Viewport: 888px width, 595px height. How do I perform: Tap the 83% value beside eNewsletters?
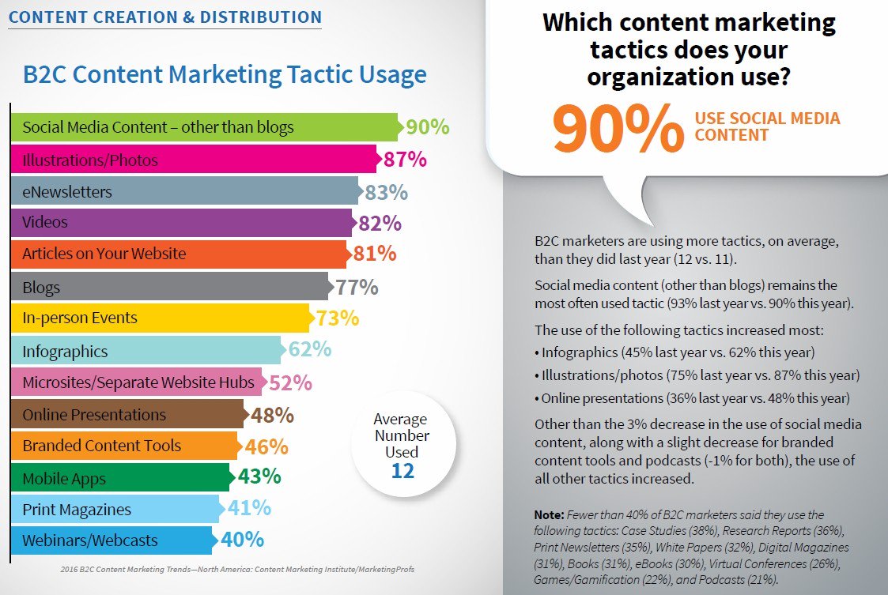[x=386, y=191]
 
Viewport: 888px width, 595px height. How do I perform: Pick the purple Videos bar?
[x=181, y=222]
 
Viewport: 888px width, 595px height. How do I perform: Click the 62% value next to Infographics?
[x=309, y=350]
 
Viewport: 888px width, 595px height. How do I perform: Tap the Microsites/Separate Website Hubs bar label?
[x=138, y=382]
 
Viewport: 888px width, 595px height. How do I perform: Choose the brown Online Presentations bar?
[x=127, y=415]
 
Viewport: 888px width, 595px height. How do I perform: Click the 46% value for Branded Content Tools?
[x=266, y=446]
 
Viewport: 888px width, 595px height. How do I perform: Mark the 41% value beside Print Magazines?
[x=249, y=509]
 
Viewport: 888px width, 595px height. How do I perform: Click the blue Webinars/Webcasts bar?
[x=111, y=540]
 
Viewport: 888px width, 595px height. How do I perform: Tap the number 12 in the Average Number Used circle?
[x=402, y=470]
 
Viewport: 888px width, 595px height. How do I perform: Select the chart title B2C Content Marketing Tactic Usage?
[x=225, y=75]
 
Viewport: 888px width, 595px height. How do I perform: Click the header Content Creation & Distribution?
[x=165, y=17]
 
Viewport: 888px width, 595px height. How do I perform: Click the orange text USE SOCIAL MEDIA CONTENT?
[x=767, y=126]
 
